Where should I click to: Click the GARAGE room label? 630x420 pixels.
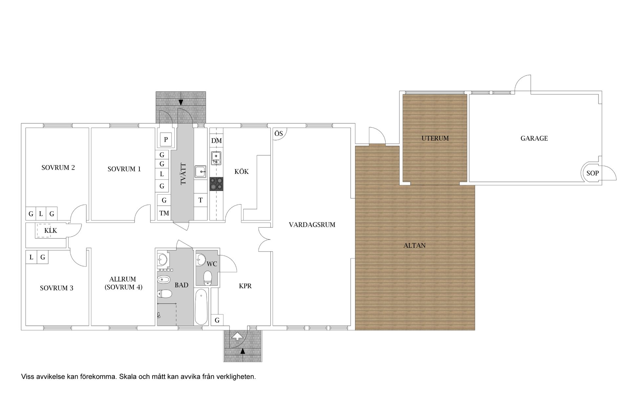pos(534,138)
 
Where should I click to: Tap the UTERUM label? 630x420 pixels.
pos(435,138)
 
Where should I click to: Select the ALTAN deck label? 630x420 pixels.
pos(414,245)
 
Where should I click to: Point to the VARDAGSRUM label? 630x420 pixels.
pos(312,225)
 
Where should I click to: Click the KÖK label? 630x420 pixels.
pos(241,171)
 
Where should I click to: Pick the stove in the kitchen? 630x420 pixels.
pos(216,184)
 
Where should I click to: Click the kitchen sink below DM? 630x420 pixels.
pos(216,158)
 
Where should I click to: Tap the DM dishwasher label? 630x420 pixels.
pos(217,141)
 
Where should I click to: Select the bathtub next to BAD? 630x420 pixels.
pos(201,307)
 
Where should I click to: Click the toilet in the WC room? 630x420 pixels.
pos(208,278)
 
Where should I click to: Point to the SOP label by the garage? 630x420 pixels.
pos(593,173)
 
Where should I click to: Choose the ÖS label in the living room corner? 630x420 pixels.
pos(279,134)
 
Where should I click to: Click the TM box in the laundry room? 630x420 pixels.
pos(164,213)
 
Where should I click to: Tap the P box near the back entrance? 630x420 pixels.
pos(166,139)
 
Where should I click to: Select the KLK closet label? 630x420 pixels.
pos(51,231)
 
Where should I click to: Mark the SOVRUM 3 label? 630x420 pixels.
pos(56,288)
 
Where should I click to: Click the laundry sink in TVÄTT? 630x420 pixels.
pos(200,172)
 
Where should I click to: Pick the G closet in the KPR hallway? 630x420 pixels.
pos(217,320)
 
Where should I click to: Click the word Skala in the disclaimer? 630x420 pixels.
pos(128,377)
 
